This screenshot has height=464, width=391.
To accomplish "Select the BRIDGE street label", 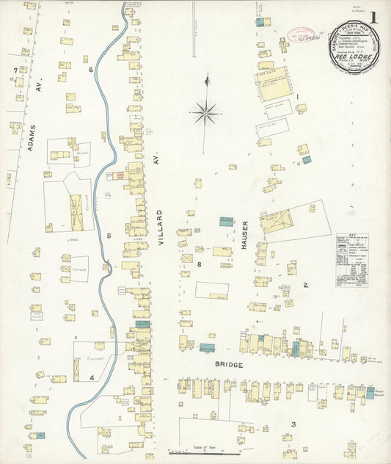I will (x=228, y=364).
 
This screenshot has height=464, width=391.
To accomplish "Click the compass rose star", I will (x=206, y=113).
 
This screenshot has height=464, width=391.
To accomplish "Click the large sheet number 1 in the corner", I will (x=374, y=18).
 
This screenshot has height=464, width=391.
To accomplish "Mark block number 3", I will (x=293, y=424).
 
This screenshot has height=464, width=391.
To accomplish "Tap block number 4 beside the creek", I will (x=92, y=377).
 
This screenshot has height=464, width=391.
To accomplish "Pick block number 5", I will (x=108, y=236).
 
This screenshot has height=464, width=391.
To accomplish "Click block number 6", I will (x=91, y=70).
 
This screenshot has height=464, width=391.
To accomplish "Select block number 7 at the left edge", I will (x=15, y=70).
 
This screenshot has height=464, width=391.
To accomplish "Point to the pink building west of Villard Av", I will (x=117, y=176).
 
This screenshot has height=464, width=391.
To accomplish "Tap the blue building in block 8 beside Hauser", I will (x=227, y=221).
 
